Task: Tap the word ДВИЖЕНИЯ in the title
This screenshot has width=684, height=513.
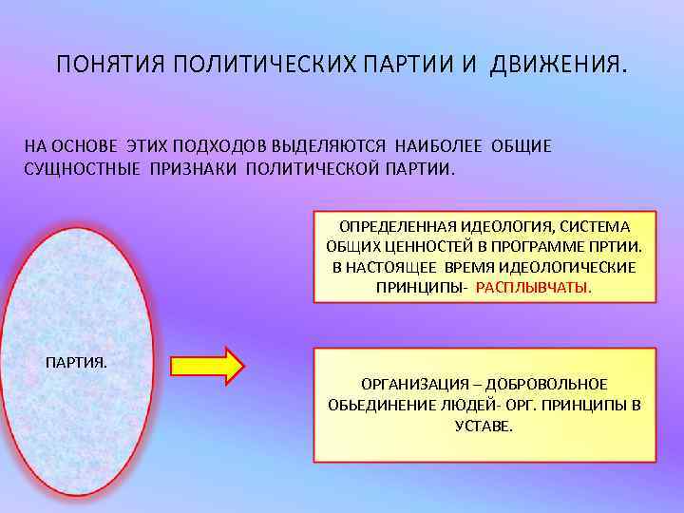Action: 559,66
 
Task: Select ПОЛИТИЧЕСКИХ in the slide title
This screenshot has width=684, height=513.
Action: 264,66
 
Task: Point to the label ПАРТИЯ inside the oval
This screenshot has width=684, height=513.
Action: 77,362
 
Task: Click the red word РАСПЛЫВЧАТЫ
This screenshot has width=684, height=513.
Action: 533,287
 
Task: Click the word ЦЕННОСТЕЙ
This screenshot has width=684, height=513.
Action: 416,246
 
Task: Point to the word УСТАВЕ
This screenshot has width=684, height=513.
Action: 484,427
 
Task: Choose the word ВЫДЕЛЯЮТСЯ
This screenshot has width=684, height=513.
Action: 329,146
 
